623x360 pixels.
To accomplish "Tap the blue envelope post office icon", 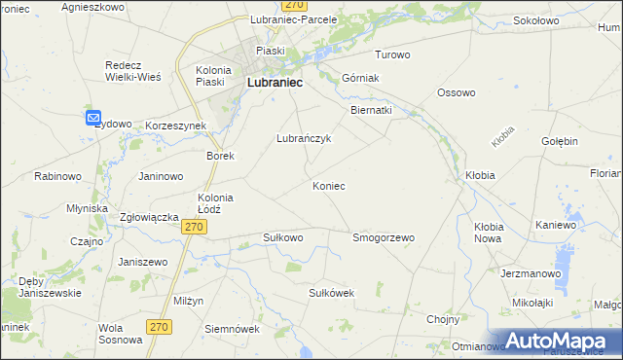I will pyautogui.click(x=93, y=119).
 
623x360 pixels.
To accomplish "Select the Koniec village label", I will pyautogui.click(x=328, y=185).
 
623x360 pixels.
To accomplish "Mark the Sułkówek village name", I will pyautogui.click(x=330, y=292).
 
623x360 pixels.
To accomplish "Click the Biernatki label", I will pyautogui.click(x=371, y=110).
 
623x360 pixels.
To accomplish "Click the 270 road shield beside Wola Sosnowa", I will pyautogui.click(x=161, y=327).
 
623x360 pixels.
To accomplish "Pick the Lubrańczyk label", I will pyautogui.click(x=305, y=138).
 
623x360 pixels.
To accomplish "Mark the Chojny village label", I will pyautogui.click(x=443, y=318).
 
